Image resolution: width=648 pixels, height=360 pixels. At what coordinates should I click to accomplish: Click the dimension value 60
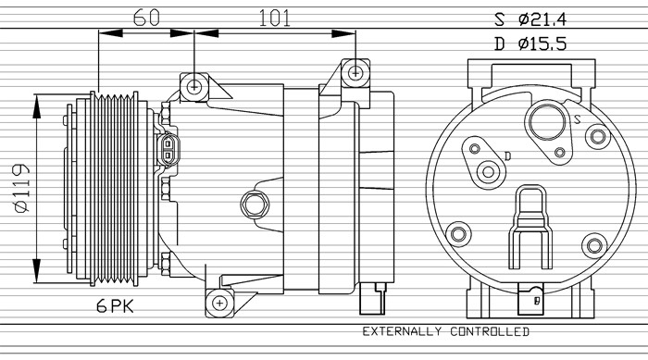146,18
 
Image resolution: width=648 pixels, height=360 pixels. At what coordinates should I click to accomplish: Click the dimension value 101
275,18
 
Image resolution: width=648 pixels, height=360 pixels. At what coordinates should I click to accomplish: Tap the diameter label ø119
22,189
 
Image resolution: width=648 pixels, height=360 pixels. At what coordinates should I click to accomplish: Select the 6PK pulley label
116,306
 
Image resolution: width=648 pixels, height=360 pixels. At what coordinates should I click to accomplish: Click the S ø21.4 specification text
530,19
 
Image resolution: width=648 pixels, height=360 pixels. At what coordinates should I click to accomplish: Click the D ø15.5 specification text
530,43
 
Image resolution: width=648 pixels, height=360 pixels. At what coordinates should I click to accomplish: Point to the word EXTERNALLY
402,331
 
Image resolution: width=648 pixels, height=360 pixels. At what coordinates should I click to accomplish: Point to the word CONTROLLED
490,331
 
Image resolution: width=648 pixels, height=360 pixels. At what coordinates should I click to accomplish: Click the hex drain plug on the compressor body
255,205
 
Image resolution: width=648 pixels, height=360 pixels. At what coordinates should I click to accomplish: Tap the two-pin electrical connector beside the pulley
168,150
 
